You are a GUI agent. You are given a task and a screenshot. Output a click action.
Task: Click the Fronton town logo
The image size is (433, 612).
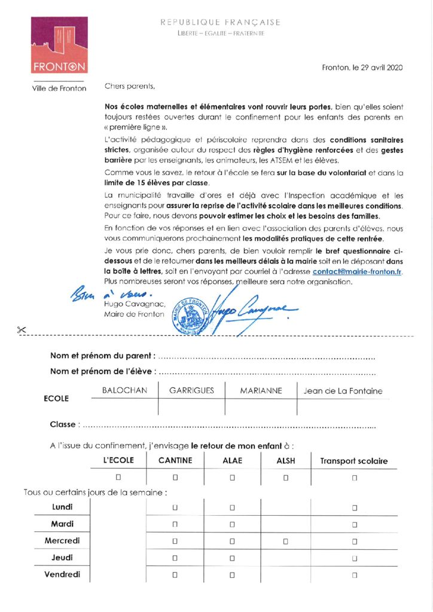coord(59,45)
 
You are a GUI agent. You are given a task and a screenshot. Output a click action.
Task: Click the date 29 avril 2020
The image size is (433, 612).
coord(362,68)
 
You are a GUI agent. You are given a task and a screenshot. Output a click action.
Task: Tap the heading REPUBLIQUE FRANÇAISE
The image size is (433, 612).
coord(220,22)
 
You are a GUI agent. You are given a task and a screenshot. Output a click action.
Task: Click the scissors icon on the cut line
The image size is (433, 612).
coord(22,329)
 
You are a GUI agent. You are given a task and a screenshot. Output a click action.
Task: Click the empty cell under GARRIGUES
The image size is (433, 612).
coord(191,407)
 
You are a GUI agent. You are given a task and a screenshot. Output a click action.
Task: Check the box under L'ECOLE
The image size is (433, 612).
coord(118,477)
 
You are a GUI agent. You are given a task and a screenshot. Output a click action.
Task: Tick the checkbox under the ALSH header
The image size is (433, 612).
coord(286,477)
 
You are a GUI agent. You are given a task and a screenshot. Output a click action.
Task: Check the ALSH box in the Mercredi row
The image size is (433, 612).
coord(286,541)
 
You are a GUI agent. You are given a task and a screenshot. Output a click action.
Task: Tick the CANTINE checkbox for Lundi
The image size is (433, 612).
coord(175,507)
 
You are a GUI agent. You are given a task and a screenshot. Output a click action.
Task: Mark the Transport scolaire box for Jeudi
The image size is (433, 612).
coord(355,558)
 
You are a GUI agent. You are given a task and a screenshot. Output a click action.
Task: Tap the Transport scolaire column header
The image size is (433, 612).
coord(354,461)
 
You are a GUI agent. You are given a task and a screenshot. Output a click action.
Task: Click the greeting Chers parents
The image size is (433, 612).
coord(129,86)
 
